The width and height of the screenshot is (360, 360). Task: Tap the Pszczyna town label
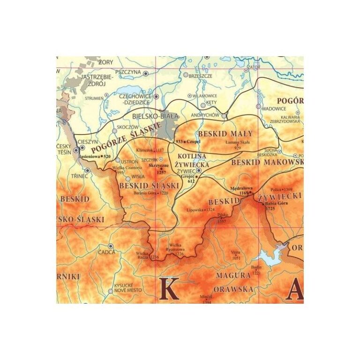coord(128,73)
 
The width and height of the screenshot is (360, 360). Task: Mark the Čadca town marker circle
coord(111,246)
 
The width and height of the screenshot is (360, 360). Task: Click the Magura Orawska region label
coord(233,282)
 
